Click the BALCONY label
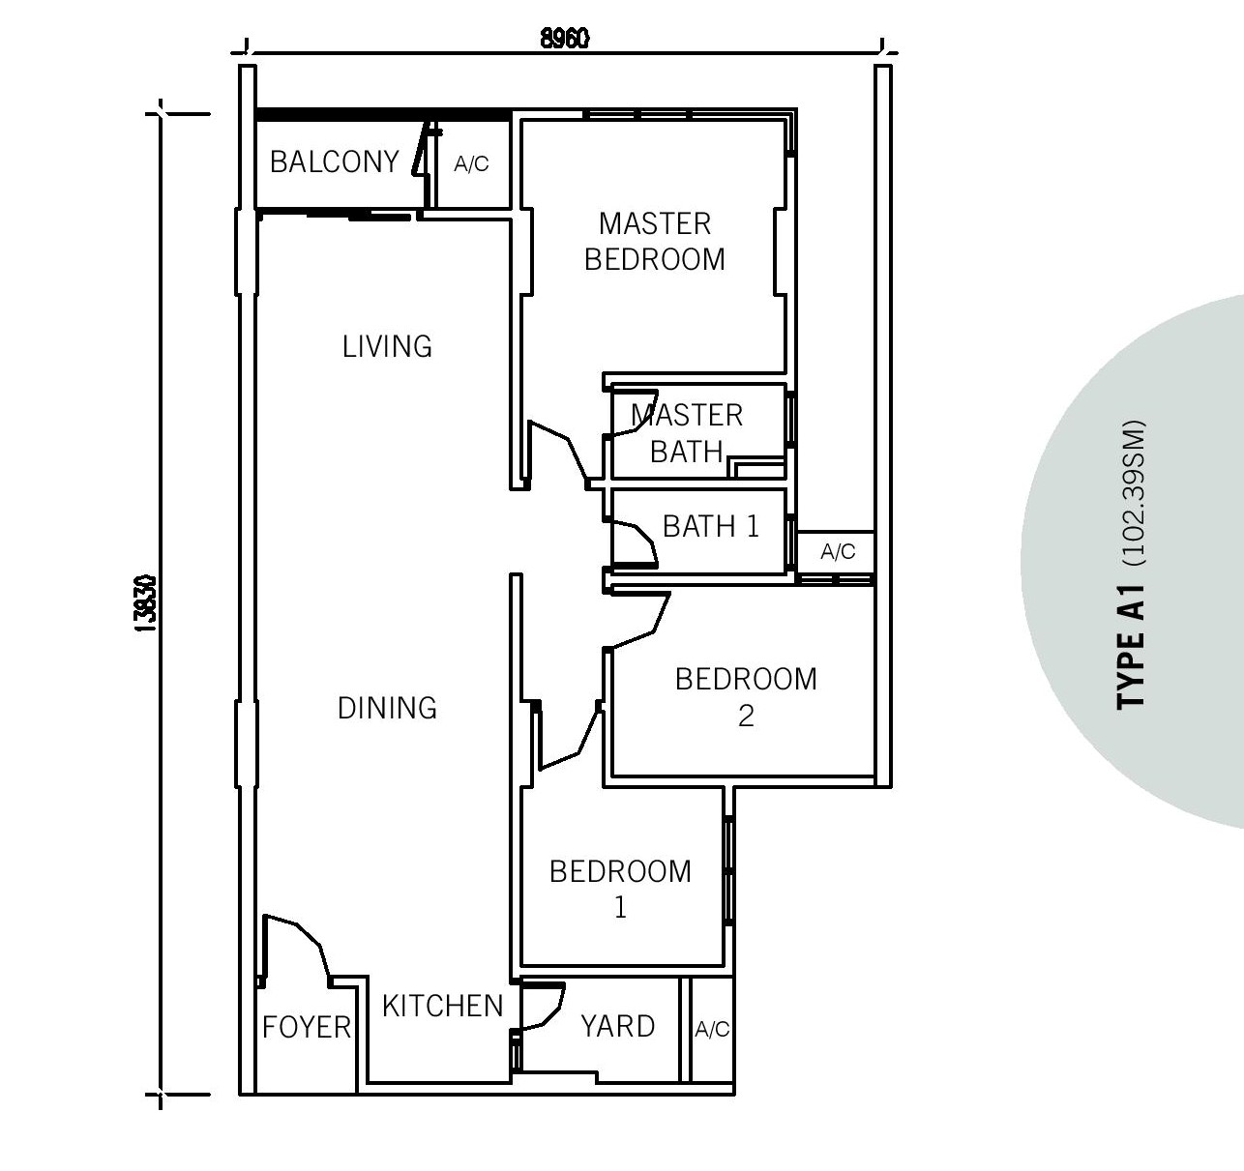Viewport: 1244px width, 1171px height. click(x=335, y=161)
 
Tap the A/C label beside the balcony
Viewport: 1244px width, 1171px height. click(x=471, y=164)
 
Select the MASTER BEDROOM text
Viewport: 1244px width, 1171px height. click(x=655, y=242)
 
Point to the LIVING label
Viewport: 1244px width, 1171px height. click(x=387, y=346)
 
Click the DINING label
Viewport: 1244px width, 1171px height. click(x=387, y=708)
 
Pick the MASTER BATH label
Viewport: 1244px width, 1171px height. click(x=687, y=433)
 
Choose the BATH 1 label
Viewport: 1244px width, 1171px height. click(x=711, y=526)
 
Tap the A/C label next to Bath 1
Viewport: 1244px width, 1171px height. click(x=838, y=552)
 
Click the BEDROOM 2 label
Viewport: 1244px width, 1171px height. click(x=746, y=697)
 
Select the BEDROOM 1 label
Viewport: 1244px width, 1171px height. click(x=620, y=890)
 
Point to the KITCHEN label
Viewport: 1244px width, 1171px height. click(x=443, y=1007)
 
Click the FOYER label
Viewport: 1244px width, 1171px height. click(x=307, y=1028)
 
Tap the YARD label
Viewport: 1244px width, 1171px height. click(x=617, y=1026)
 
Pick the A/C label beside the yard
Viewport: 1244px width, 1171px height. click(x=712, y=1029)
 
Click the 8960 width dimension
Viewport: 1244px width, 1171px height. click(x=565, y=39)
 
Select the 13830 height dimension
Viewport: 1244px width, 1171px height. click(x=147, y=603)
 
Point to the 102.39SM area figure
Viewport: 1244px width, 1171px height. click(x=1135, y=493)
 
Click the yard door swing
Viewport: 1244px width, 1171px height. click(x=543, y=1006)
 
